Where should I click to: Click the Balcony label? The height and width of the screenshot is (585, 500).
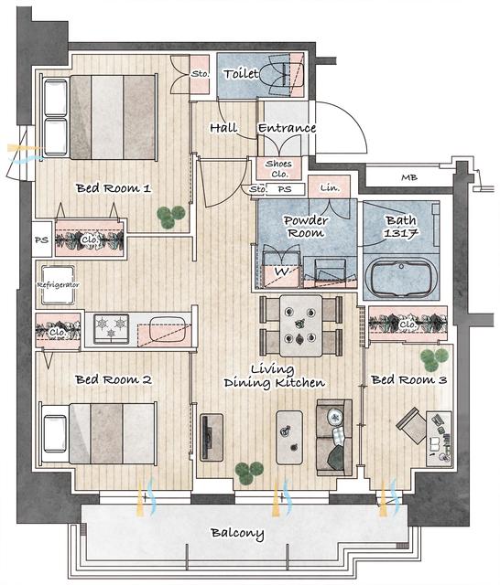pyautogui.click(x=237, y=534)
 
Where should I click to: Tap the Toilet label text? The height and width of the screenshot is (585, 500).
pyautogui.click(x=241, y=74)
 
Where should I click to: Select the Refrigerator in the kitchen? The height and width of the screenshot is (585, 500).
pyautogui.click(x=58, y=284)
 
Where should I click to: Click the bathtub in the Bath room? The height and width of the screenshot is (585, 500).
pyautogui.click(x=400, y=278)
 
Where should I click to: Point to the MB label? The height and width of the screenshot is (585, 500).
pyautogui.click(x=409, y=177)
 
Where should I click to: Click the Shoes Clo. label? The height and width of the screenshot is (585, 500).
pyautogui.click(x=279, y=168)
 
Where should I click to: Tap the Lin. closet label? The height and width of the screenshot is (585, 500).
pyautogui.click(x=330, y=187)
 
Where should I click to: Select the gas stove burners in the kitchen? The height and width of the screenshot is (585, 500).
pyautogui.click(x=112, y=328)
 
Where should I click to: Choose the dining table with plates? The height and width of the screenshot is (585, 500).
pyautogui.click(x=300, y=325)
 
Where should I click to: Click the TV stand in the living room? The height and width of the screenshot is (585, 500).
pyautogui.click(x=212, y=437)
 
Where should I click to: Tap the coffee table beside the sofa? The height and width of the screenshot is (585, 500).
pyautogui.click(x=289, y=437)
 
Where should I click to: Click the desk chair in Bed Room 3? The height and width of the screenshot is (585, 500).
pyautogui.click(x=412, y=425)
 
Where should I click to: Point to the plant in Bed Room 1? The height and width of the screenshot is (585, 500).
pyautogui.click(x=170, y=217)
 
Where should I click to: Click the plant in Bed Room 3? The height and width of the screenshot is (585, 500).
pyautogui.click(x=433, y=359)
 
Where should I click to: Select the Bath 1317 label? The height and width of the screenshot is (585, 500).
pyautogui.click(x=400, y=227)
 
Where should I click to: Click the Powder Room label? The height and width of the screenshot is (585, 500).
pyautogui.click(x=306, y=227)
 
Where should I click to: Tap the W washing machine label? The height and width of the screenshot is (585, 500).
pyautogui.click(x=281, y=271)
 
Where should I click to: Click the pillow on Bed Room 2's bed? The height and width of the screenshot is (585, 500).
pyautogui.click(x=55, y=433)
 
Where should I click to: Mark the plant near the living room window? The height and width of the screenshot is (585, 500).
pyautogui.click(x=249, y=473)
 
